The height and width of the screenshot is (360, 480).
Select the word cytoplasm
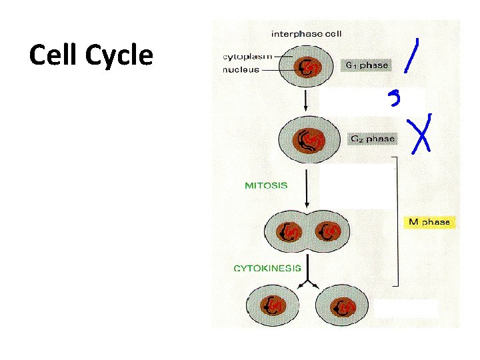point(246,56)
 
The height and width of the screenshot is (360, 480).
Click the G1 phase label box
point(366,65)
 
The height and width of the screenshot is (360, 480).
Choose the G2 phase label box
point(372,139)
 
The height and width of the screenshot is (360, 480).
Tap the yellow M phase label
point(429,222)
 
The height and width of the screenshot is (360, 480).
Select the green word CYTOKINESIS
point(267,268)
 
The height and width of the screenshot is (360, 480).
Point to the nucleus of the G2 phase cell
point(309,140)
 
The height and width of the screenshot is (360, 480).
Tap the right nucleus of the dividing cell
point(329,231)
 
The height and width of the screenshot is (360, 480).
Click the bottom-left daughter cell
point(273,306)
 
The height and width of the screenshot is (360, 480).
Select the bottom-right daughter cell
point(345,306)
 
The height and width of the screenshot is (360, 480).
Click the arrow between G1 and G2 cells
point(305,101)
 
